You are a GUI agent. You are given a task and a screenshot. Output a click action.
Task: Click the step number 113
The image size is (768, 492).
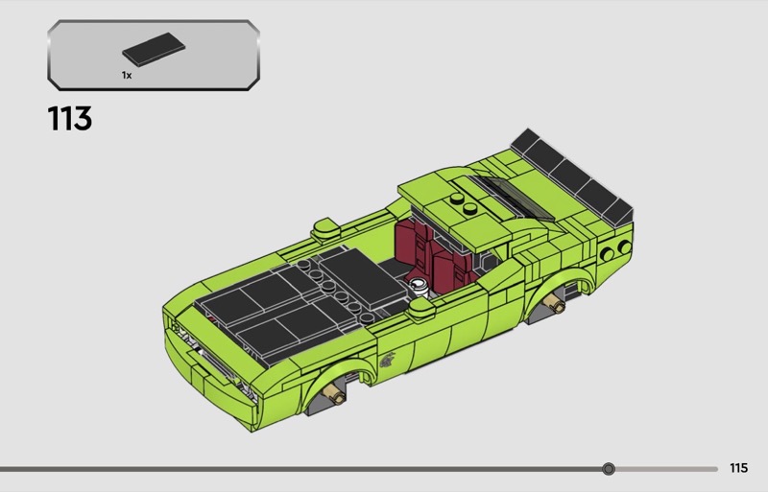[x=69, y=119]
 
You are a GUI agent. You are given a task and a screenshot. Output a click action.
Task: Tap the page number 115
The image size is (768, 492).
[x=738, y=468]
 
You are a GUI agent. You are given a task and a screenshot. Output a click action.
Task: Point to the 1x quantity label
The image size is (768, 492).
[x=127, y=75]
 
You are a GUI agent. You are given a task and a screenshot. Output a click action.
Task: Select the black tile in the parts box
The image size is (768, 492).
[x=154, y=49]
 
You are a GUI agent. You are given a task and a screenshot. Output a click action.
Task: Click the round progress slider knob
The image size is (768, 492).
[x=609, y=469]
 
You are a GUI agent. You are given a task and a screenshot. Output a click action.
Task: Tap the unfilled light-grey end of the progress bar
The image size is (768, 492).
[x=666, y=469]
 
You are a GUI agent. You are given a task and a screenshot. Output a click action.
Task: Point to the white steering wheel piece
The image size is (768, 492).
[x=420, y=286]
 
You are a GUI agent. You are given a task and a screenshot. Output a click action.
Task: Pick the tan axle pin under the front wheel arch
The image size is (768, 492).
[x=332, y=391]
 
